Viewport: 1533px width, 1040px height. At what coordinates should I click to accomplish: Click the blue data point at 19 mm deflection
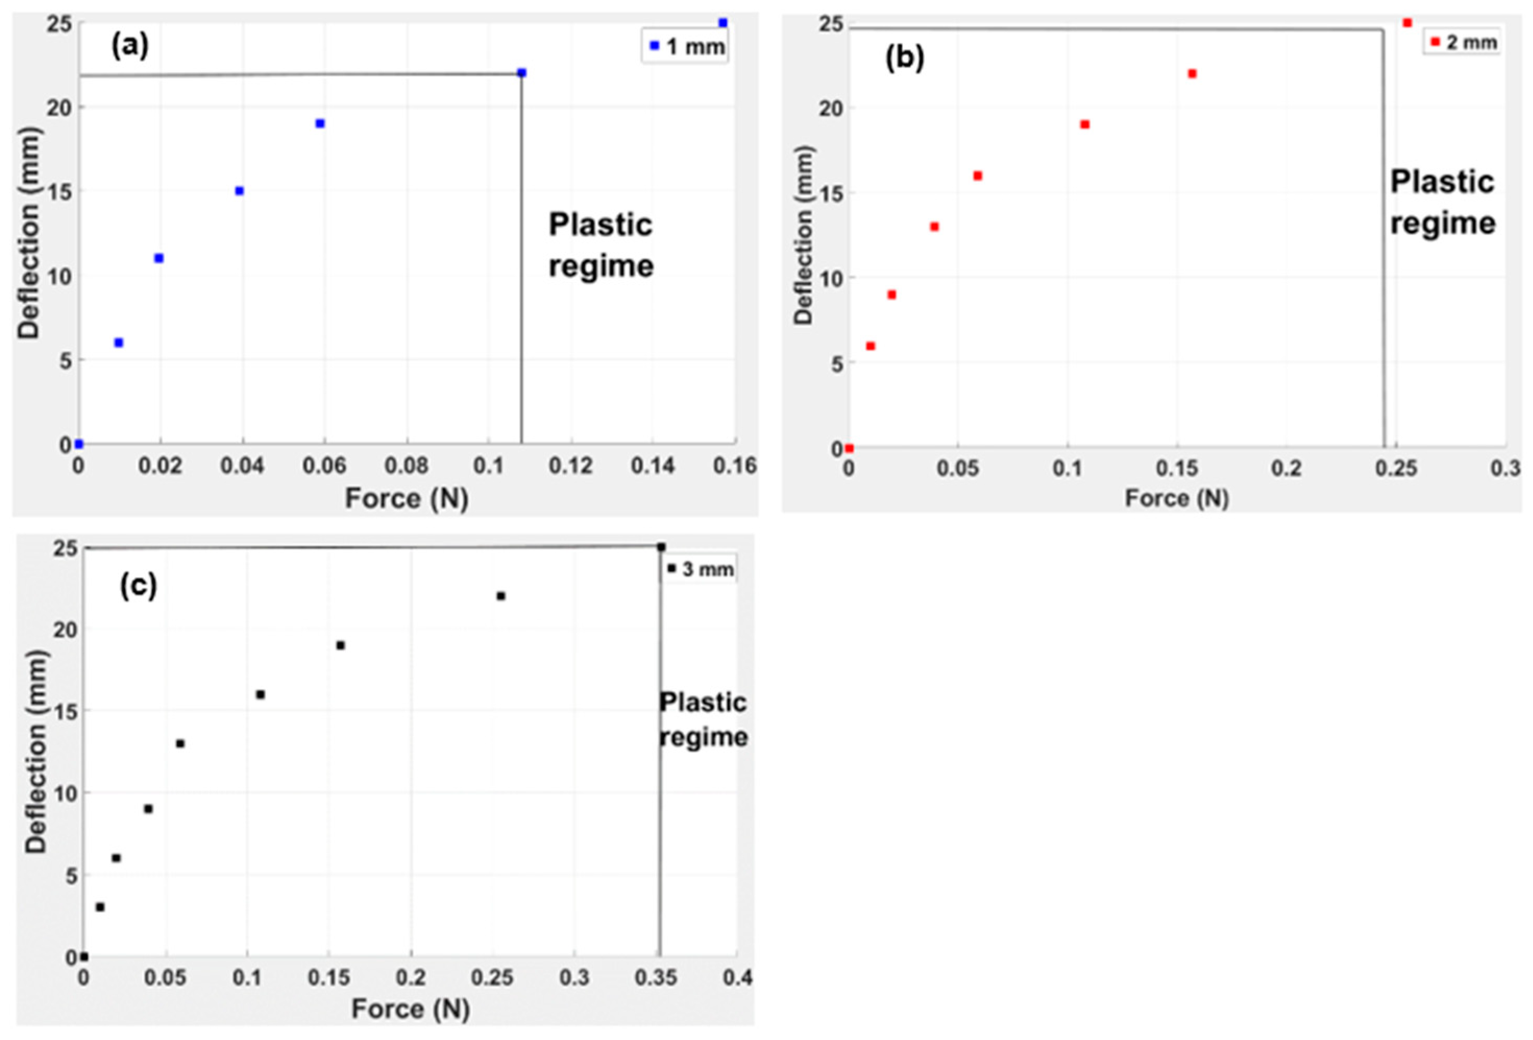321,124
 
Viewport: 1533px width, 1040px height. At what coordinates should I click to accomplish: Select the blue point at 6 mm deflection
119,342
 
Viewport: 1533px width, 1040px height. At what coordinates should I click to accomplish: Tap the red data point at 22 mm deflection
1192,74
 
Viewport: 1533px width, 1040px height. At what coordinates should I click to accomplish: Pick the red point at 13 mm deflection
934,227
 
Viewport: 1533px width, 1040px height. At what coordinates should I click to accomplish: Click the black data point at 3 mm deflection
100,908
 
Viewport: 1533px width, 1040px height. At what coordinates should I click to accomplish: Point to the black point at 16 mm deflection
261,694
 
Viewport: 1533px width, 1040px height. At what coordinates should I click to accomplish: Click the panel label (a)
130,46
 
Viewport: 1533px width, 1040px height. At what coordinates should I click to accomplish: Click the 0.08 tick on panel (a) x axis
407,466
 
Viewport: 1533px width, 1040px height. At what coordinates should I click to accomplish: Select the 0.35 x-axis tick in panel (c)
656,977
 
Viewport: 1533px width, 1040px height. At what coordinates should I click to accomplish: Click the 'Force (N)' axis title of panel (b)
1176,498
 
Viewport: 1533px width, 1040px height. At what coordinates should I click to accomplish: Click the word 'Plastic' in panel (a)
600,226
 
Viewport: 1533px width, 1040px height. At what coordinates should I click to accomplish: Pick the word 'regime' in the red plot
1443,224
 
